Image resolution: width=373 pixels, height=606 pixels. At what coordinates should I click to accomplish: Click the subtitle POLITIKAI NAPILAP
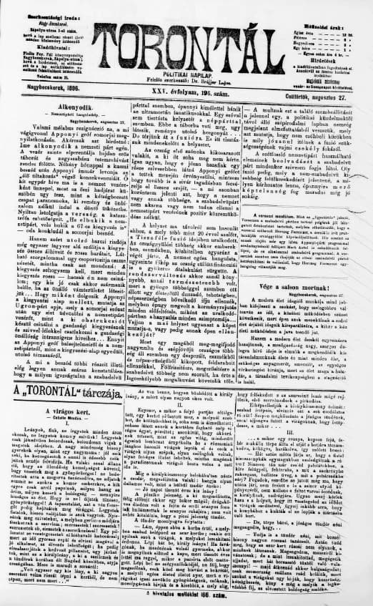(x=186, y=74)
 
